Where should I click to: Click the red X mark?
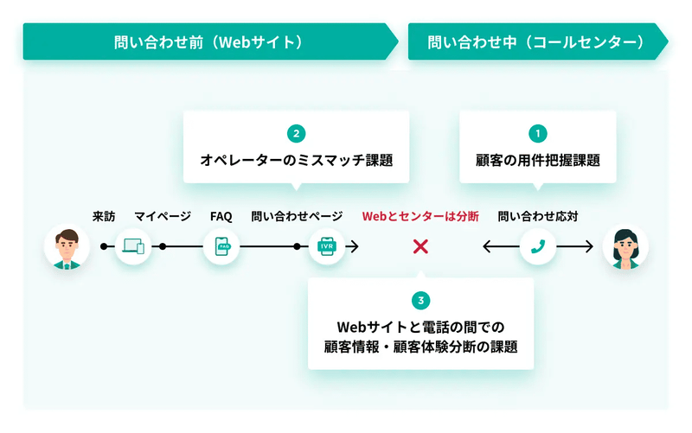click(x=420, y=246)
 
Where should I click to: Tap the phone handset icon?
click(x=537, y=246)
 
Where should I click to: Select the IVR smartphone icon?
click(x=327, y=246)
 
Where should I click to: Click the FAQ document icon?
click(x=222, y=246)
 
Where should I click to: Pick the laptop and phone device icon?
click(x=133, y=246)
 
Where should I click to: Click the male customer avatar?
click(x=67, y=247)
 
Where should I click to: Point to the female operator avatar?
click(x=625, y=247)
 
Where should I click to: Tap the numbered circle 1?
click(x=537, y=133)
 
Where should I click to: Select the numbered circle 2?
click(x=296, y=133)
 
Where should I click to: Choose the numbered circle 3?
click(x=420, y=300)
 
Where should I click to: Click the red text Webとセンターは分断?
click(x=420, y=216)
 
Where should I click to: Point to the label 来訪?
click(x=104, y=216)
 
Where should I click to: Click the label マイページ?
click(x=163, y=216)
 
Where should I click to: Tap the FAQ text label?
click(x=221, y=216)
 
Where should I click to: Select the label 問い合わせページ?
click(x=297, y=216)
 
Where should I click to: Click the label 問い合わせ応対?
click(x=538, y=216)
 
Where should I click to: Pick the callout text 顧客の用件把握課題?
click(x=537, y=160)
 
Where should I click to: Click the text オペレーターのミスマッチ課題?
click(x=296, y=160)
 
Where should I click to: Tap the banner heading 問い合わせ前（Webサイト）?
click(x=209, y=42)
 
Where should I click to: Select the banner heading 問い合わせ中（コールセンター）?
click(x=536, y=42)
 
